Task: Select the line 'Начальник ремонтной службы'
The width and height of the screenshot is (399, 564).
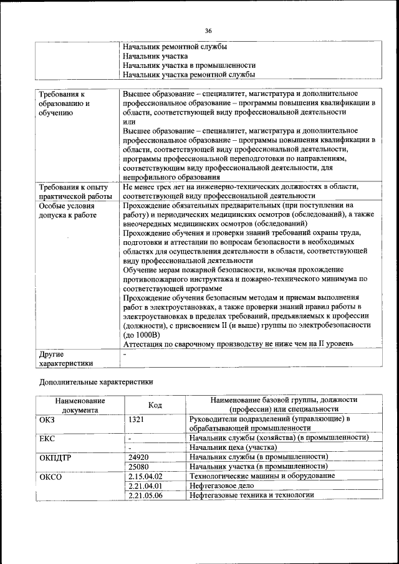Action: (175, 47)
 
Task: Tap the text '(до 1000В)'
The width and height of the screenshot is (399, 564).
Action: (142, 335)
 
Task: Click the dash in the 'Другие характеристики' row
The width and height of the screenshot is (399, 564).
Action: (125, 353)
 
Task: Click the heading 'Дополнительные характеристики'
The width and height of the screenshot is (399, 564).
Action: (95, 381)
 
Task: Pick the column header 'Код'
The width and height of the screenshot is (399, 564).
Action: (155, 405)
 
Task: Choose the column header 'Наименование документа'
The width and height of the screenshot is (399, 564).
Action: (80, 405)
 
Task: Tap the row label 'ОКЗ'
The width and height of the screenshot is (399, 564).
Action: (47, 419)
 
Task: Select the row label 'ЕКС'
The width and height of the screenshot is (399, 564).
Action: (47, 438)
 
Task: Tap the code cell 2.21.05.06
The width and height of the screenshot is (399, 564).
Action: (144, 495)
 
